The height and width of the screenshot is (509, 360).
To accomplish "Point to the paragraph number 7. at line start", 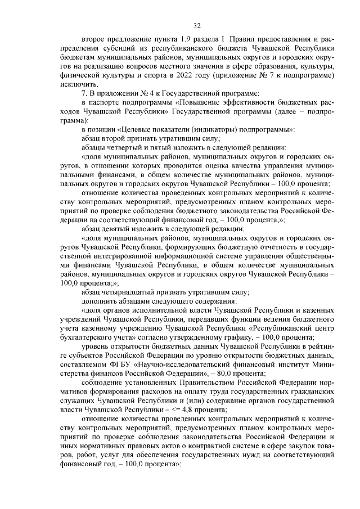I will [84, 93].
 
